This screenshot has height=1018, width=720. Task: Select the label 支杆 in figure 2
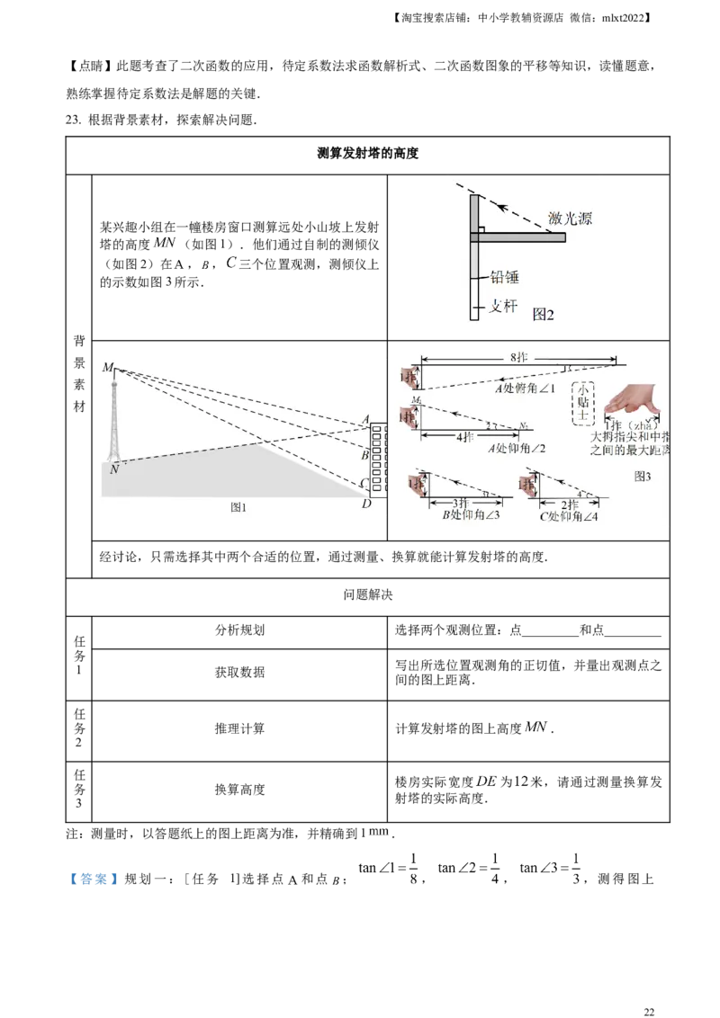point(503,306)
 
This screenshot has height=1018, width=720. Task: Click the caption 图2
point(543,314)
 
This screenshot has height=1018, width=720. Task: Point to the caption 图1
point(238,507)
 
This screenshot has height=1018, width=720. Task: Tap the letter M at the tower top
point(108,367)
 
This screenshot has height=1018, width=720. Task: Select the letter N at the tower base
point(113,469)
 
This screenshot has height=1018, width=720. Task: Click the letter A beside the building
point(364,419)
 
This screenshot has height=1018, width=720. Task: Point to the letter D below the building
point(366,504)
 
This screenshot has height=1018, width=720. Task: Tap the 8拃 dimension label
point(519,358)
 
